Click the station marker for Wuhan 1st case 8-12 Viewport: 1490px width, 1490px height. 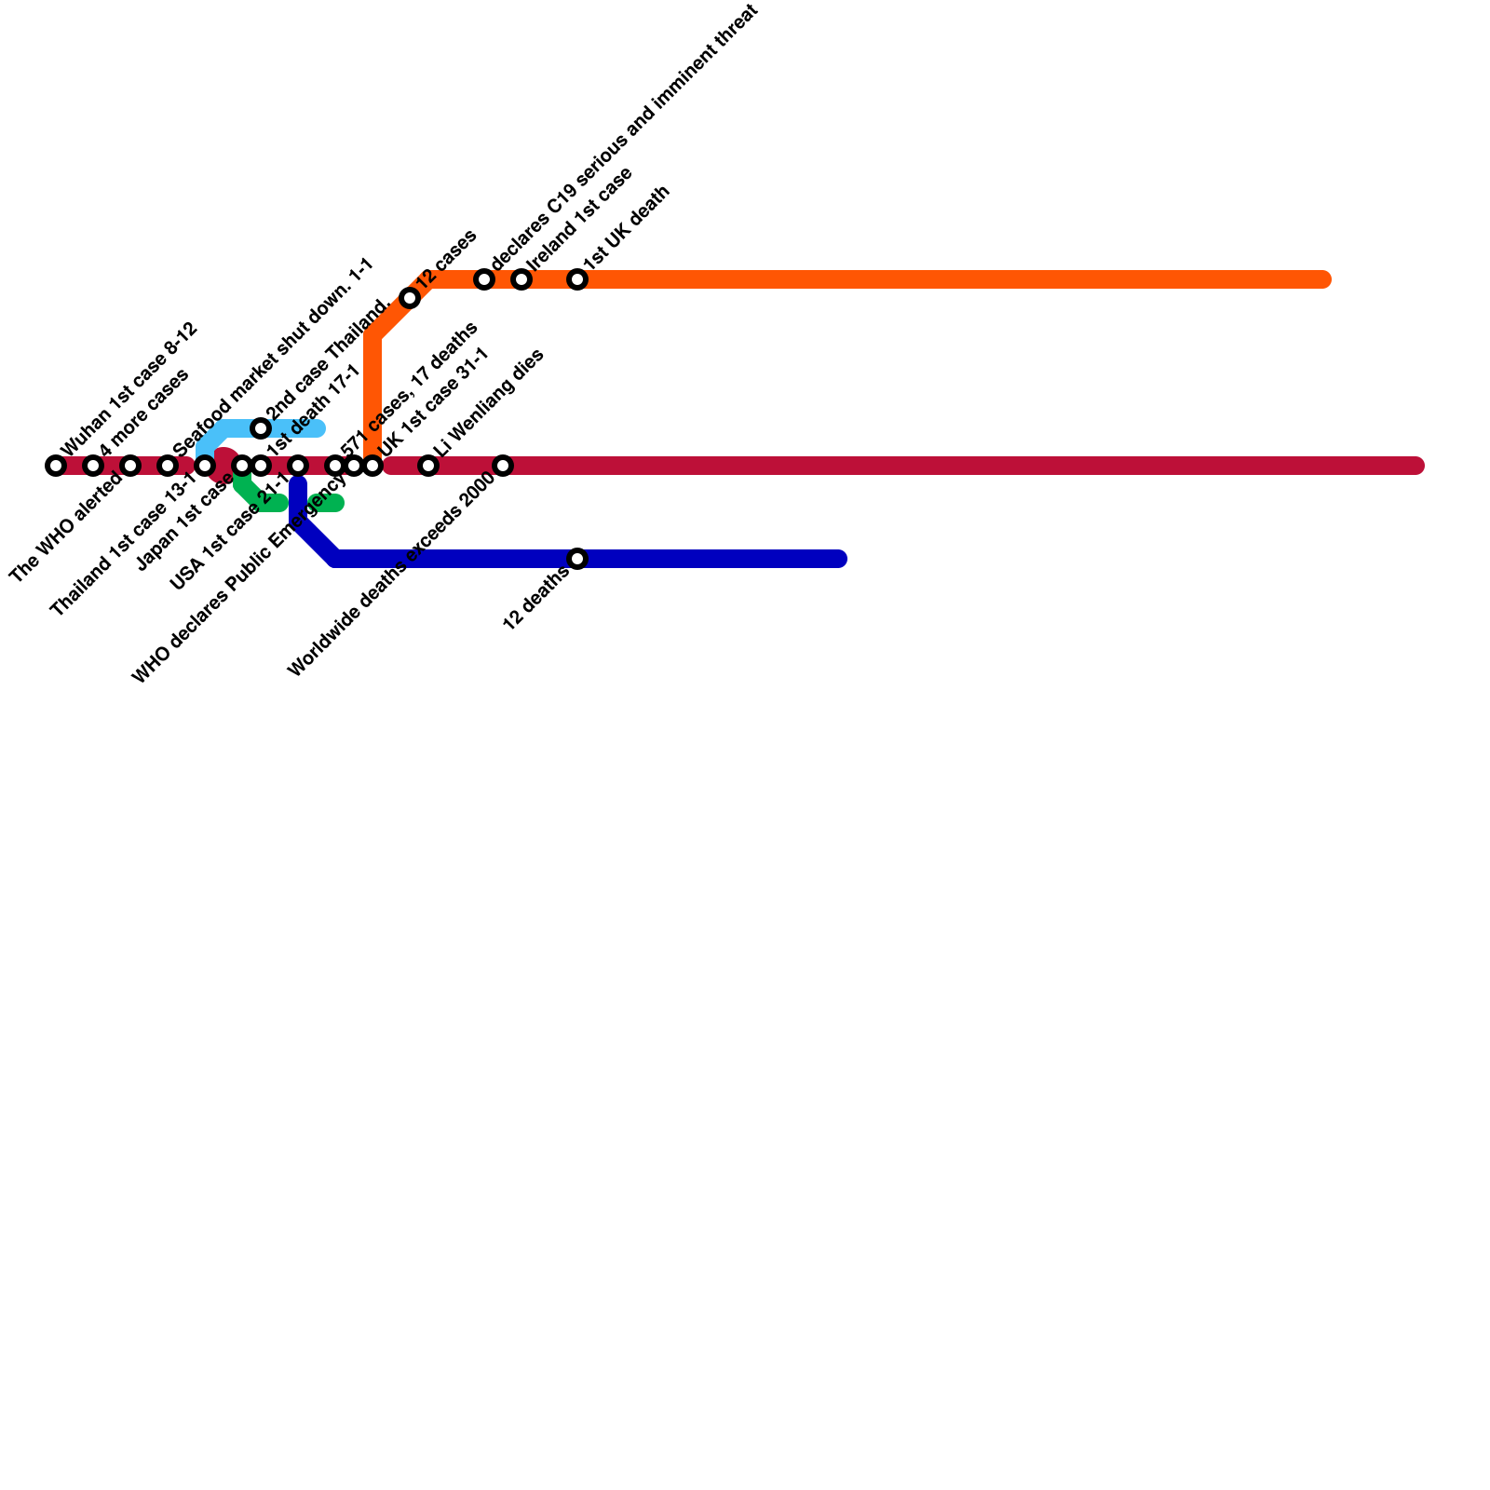(x=56, y=466)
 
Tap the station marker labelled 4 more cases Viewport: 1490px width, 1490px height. (x=93, y=466)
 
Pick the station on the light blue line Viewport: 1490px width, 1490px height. (x=261, y=428)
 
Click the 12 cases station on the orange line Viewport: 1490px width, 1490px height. (x=410, y=298)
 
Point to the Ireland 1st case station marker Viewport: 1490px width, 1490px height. (x=521, y=279)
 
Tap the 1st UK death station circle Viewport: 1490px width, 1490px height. (x=577, y=279)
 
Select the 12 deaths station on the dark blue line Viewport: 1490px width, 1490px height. (x=577, y=559)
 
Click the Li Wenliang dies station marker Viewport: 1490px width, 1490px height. (x=428, y=466)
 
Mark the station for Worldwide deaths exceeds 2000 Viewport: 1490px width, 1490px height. (x=503, y=466)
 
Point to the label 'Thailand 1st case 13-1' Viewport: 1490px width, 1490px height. (x=122, y=546)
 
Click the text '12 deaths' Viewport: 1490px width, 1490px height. (x=535, y=598)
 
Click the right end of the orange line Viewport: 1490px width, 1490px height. (x=1322, y=279)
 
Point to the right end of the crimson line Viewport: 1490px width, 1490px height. (x=1415, y=466)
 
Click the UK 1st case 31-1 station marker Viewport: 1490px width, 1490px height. (x=372, y=466)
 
